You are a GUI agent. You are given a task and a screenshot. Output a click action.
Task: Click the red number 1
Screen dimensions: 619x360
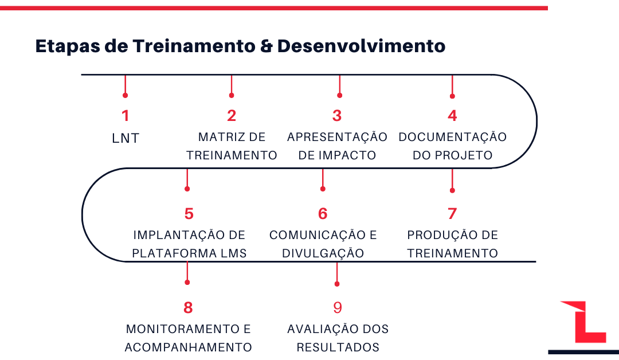click(125, 116)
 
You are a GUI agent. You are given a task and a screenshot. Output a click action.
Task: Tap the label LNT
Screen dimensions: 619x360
click(126, 138)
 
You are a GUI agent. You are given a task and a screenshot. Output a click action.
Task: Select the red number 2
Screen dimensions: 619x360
click(232, 116)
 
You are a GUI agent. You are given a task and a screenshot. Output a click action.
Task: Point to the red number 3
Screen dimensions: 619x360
click(337, 116)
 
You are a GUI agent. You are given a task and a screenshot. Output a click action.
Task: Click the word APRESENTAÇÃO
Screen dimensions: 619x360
click(337, 136)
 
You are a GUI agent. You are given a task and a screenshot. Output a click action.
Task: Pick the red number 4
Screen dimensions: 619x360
click(452, 116)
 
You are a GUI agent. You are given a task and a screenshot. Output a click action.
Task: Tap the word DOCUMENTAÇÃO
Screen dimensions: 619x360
click(452, 136)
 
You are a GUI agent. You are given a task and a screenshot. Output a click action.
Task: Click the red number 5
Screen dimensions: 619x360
click(189, 214)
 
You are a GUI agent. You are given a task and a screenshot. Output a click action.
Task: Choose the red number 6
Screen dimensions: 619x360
click(323, 214)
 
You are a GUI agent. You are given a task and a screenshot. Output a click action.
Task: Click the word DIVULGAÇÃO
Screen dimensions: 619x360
click(323, 252)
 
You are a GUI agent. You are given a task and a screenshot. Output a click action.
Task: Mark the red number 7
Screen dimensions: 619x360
click(452, 214)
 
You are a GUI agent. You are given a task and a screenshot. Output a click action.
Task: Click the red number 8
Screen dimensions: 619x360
click(188, 307)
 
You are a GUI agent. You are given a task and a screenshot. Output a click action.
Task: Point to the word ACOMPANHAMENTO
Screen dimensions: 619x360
click(189, 347)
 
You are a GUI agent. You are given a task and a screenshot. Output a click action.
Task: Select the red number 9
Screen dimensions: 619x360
click(337, 307)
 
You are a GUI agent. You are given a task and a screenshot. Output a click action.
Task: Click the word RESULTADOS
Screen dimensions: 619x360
click(338, 347)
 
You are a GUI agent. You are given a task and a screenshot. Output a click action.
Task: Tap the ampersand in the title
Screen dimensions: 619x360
click(267, 46)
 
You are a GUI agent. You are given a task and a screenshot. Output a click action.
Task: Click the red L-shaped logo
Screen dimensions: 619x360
click(584, 322)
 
